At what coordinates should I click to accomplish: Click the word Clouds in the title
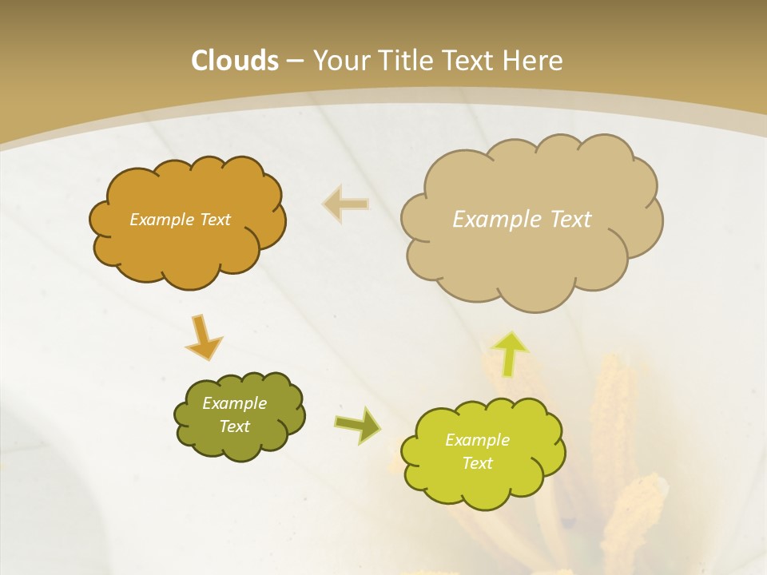pyautogui.click(x=235, y=61)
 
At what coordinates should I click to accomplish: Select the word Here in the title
pyautogui.click(x=533, y=61)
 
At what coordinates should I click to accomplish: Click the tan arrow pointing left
pyautogui.click(x=346, y=204)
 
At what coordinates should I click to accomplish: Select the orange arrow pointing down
pyautogui.click(x=203, y=336)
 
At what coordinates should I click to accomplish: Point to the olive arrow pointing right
pyautogui.click(x=357, y=425)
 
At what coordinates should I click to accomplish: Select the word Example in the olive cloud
pyautogui.click(x=234, y=403)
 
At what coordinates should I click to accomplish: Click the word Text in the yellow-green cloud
pyautogui.click(x=477, y=463)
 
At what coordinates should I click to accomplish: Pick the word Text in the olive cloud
pyautogui.click(x=234, y=426)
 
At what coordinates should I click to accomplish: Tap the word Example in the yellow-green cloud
pyautogui.click(x=477, y=440)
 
